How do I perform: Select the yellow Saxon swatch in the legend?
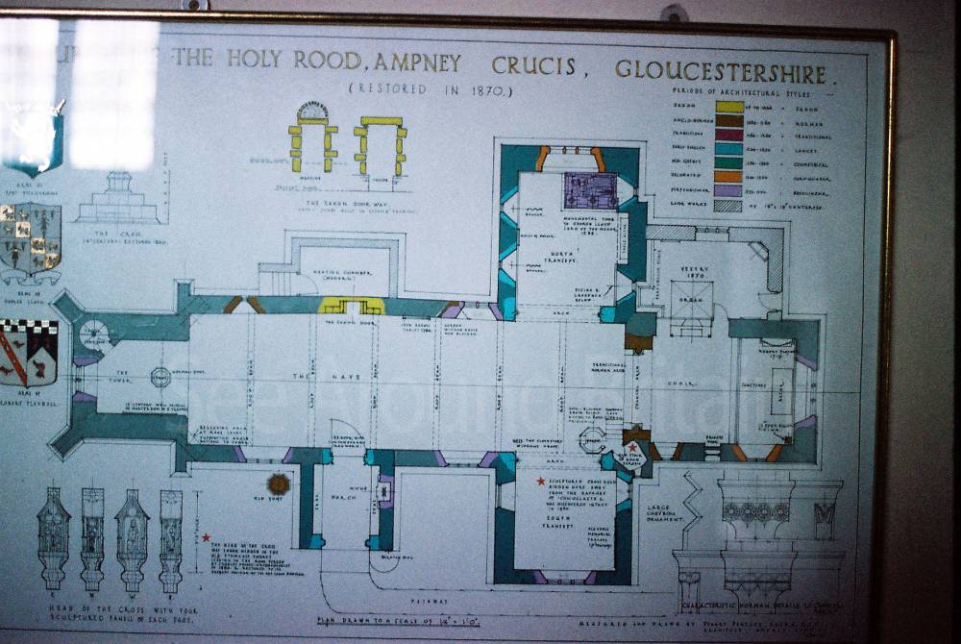click(729, 107)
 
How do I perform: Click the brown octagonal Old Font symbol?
click(279, 483)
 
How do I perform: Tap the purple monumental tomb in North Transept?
click(590, 190)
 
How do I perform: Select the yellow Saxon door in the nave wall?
click(352, 306)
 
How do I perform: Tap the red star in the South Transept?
click(541, 481)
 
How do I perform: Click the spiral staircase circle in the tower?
click(95, 334)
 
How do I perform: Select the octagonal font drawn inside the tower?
click(160, 377)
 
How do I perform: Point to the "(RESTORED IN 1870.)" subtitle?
click(431, 90)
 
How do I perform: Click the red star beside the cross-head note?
click(206, 538)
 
